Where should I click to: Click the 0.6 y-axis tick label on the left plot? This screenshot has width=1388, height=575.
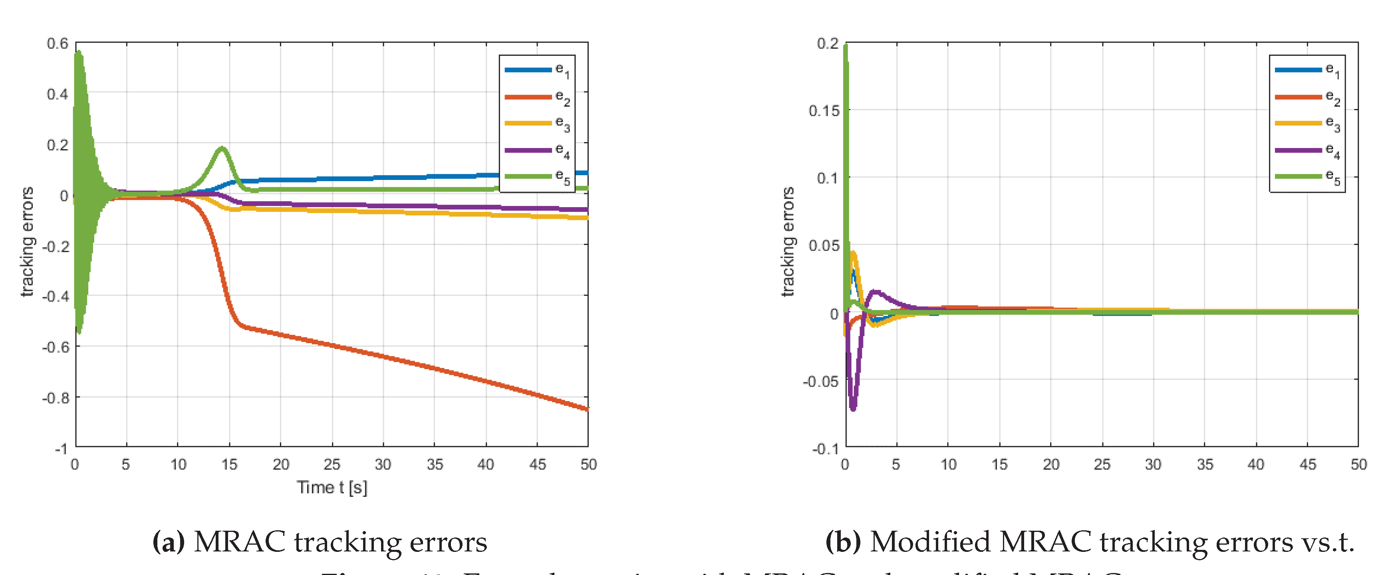click(x=58, y=43)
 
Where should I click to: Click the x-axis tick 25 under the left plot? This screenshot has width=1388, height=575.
click(x=332, y=464)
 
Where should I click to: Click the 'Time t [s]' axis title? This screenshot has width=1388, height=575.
click(x=332, y=488)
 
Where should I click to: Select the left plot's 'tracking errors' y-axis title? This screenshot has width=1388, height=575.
click(x=27, y=242)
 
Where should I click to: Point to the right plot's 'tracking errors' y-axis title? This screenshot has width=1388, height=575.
click(x=788, y=242)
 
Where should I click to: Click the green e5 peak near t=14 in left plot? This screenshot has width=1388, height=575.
click(x=221, y=148)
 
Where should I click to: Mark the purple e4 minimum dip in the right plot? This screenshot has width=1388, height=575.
click(x=852, y=408)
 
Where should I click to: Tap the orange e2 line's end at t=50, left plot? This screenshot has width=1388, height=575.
click(x=586, y=408)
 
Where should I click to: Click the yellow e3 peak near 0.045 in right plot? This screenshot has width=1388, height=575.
click(x=853, y=253)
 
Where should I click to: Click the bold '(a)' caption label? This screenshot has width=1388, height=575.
click(x=169, y=541)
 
